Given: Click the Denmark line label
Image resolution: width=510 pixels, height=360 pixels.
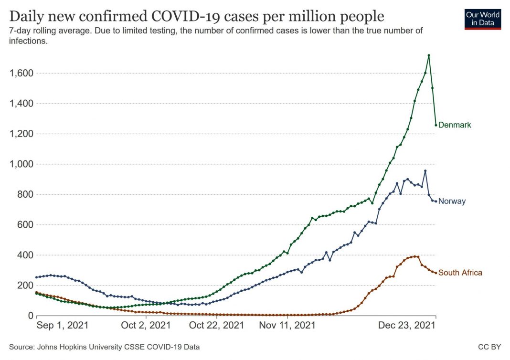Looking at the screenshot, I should point(454,125).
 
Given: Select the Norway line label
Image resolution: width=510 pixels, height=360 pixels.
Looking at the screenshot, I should point(452,201).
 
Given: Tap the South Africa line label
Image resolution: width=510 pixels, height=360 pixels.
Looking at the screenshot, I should point(460,273).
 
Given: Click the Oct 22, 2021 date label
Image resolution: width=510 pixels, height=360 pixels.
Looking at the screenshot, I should point(217,326).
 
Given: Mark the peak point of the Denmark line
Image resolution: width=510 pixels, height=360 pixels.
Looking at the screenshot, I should point(429,55).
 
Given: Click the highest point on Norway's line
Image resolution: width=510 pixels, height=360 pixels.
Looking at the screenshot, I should point(425,171).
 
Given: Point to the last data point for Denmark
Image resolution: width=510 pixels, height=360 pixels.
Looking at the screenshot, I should point(436,125).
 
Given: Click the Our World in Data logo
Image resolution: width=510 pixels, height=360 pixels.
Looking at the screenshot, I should point(483,19).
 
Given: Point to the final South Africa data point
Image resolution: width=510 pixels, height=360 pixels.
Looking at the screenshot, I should point(436,273).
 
